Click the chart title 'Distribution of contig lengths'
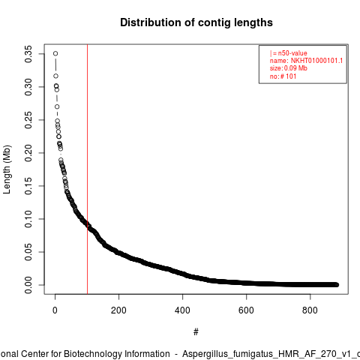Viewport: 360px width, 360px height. point(196,22)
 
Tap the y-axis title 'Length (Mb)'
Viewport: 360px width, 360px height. point(7,169)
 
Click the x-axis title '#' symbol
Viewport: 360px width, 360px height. point(196,332)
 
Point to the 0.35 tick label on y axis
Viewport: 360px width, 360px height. point(28,54)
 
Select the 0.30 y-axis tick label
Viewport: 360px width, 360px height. point(28,87)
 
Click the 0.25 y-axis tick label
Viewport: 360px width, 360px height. point(28,120)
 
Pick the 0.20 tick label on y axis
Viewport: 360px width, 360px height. point(28,153)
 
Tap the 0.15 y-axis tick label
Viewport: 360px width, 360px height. point(28,186)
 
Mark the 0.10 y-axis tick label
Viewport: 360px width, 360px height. point(28,219)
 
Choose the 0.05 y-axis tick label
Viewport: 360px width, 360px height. point(28,252)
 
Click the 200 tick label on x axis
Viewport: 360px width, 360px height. point(118,310)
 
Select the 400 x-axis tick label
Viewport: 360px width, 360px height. point(182,310)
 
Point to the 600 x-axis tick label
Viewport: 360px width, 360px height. point(246,310)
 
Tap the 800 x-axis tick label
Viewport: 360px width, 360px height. point(310,310)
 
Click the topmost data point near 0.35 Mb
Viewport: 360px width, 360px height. point(55,53)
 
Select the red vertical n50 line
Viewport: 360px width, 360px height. point(87,169)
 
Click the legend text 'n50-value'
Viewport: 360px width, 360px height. point(292,53)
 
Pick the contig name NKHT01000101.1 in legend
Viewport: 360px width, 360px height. point(316,61)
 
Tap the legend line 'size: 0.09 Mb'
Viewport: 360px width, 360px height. point(289,68)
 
